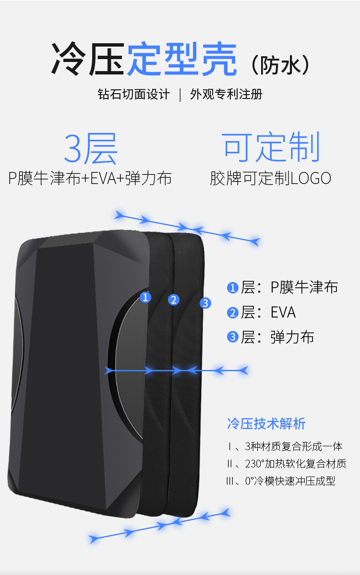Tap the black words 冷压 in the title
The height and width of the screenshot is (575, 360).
[x=88, y=60]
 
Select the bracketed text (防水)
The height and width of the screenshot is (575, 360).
[x=280, y=64]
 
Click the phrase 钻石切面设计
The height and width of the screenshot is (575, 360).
[x=133, y=94]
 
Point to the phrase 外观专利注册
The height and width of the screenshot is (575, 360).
[x=226, y=94]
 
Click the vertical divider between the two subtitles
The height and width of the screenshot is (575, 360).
[x=180, y=94]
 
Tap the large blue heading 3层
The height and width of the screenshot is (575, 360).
[x=90, y=149]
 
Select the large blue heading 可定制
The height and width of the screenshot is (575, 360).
[x=271, y=148]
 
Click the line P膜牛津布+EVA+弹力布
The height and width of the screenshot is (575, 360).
[x=90, y=178]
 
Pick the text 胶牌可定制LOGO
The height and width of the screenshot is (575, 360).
[x=271, y=178]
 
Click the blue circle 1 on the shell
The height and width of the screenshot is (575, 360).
[x=145, y=297]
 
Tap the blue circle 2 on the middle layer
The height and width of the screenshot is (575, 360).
[x=174, y=300]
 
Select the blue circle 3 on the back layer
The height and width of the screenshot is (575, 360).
[x=205, y=303]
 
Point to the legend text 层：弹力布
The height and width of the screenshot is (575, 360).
[x=277, y=337]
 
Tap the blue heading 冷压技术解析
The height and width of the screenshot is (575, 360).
[x=266, y=424]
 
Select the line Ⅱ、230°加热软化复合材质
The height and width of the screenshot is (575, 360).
[x=286, y=464]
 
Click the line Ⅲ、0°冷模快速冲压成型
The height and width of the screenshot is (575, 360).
[x=281, y=480]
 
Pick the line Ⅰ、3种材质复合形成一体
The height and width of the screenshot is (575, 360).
[x=285, y=446]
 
